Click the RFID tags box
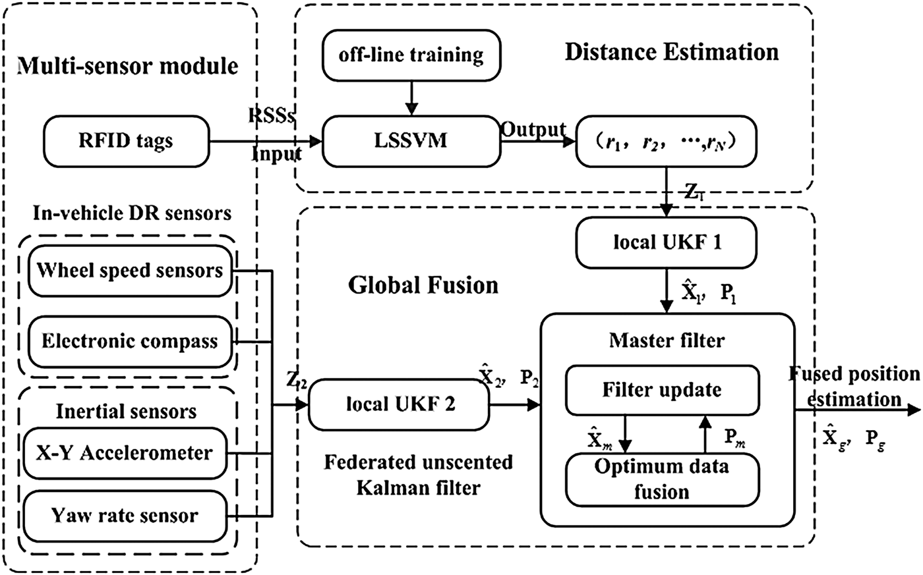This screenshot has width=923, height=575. pyautogui.click(x=125, y=140)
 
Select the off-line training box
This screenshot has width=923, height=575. pyautogui.click(x=411, y=54)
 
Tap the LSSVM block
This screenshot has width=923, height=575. pyautogui.click(x=410, y=140)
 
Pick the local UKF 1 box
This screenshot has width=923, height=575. pyautogui.click(x=667, y=242)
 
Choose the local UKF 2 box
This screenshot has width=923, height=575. pyautogui.click(x=401, y=404)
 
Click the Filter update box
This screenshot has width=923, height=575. pyautogui.click(x=661, y=389)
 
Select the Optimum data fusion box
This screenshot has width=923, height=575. pyautogui.click(x=661, y=479)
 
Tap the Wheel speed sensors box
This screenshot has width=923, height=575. pyautogui.click(x=130, y=270)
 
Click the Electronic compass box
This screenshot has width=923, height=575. pyautogui.click(x=130, y=341)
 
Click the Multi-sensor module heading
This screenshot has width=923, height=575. pyautogui.click(x=127, y=66)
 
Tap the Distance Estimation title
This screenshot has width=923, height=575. pyautogui.click(x=671, y=52)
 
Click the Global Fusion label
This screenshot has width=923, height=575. pyautogui.click(x=423, y=285)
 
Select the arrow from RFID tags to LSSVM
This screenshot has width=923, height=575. pyautogui.click(x=264, y=141)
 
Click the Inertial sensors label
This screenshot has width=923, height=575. pyautogui.click(x=126, y=412)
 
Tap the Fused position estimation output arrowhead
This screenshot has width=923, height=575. pyautogui.click(x=914, y=410)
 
